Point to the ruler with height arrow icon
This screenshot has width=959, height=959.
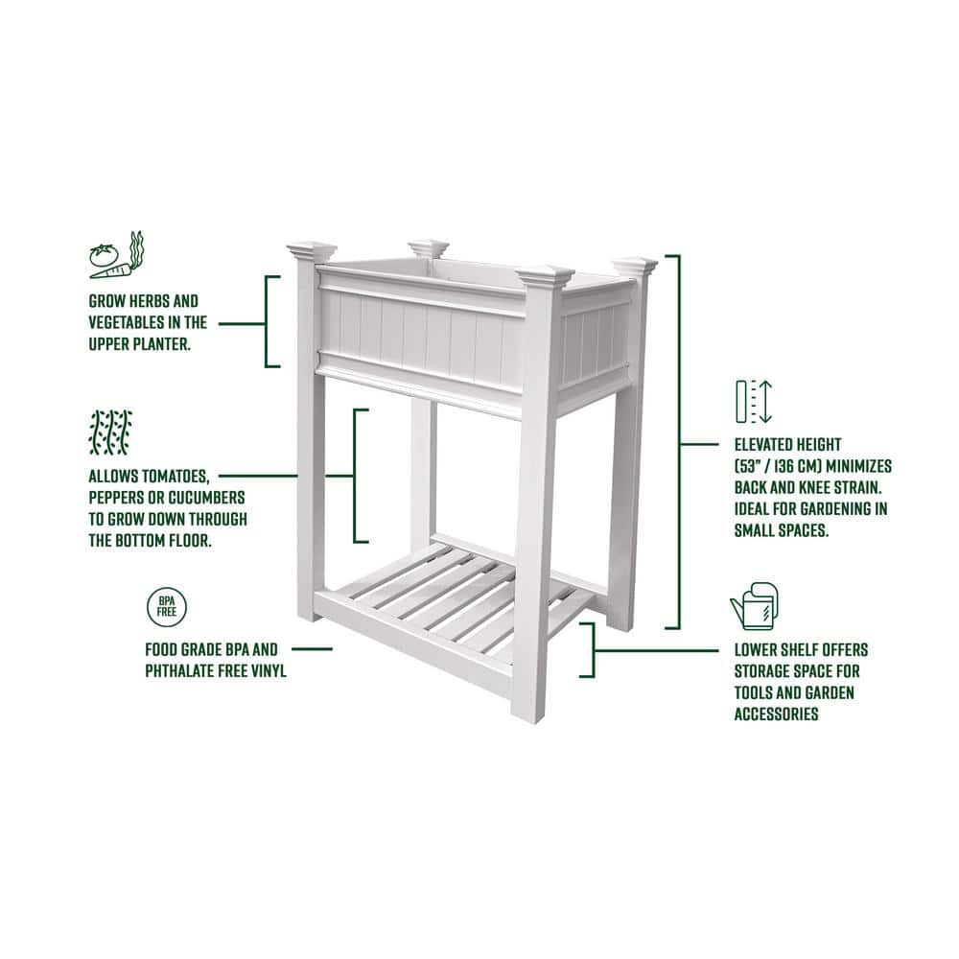pos(753,402)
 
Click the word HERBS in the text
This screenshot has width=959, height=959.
pos(149,301)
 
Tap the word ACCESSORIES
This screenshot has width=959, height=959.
pos(776,713)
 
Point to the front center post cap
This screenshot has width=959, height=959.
pos(545,278)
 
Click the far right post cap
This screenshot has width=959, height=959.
pos(635,265)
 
